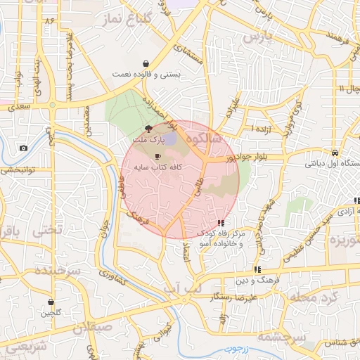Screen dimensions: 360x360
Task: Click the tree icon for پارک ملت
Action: tap(148, 129)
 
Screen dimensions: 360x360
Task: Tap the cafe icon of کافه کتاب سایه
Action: tap(157, 155)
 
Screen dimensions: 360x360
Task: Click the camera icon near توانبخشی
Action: tap(24, 148)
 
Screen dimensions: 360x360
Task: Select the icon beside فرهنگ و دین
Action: tap(258, 269)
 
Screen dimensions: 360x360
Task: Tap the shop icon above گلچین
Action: tap(51, 302)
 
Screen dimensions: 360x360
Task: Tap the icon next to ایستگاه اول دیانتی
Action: tap(337, 152)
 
